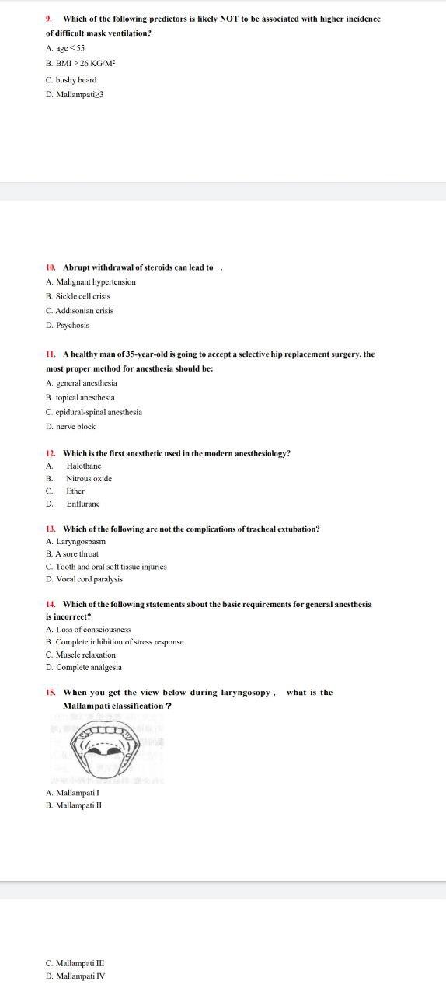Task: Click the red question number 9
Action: click(x=49, y=19)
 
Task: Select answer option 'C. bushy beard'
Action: click(x=71, y=79)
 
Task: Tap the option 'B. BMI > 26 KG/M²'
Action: click(x=81, y=64)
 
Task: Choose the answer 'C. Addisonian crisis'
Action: click(x=79, y=311)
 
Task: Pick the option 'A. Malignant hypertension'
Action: click(x=90, y=282)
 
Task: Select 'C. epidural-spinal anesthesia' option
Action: click(x=94, y=412)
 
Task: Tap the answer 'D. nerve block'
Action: click(x=71, y=427)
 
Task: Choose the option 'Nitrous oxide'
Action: click(x=89, y=479)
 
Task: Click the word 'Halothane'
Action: click(x=83, y=466)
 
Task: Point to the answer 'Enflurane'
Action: click(x=83, y=504)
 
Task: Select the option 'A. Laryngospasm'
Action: click(x=75, y=541)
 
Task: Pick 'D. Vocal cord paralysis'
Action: click(x=84, y=579)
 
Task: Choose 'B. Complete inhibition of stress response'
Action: click(x=114, y=642)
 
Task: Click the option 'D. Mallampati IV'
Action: click(x=75, y=976)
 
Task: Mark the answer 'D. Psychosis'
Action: click(x=68, y=326)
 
